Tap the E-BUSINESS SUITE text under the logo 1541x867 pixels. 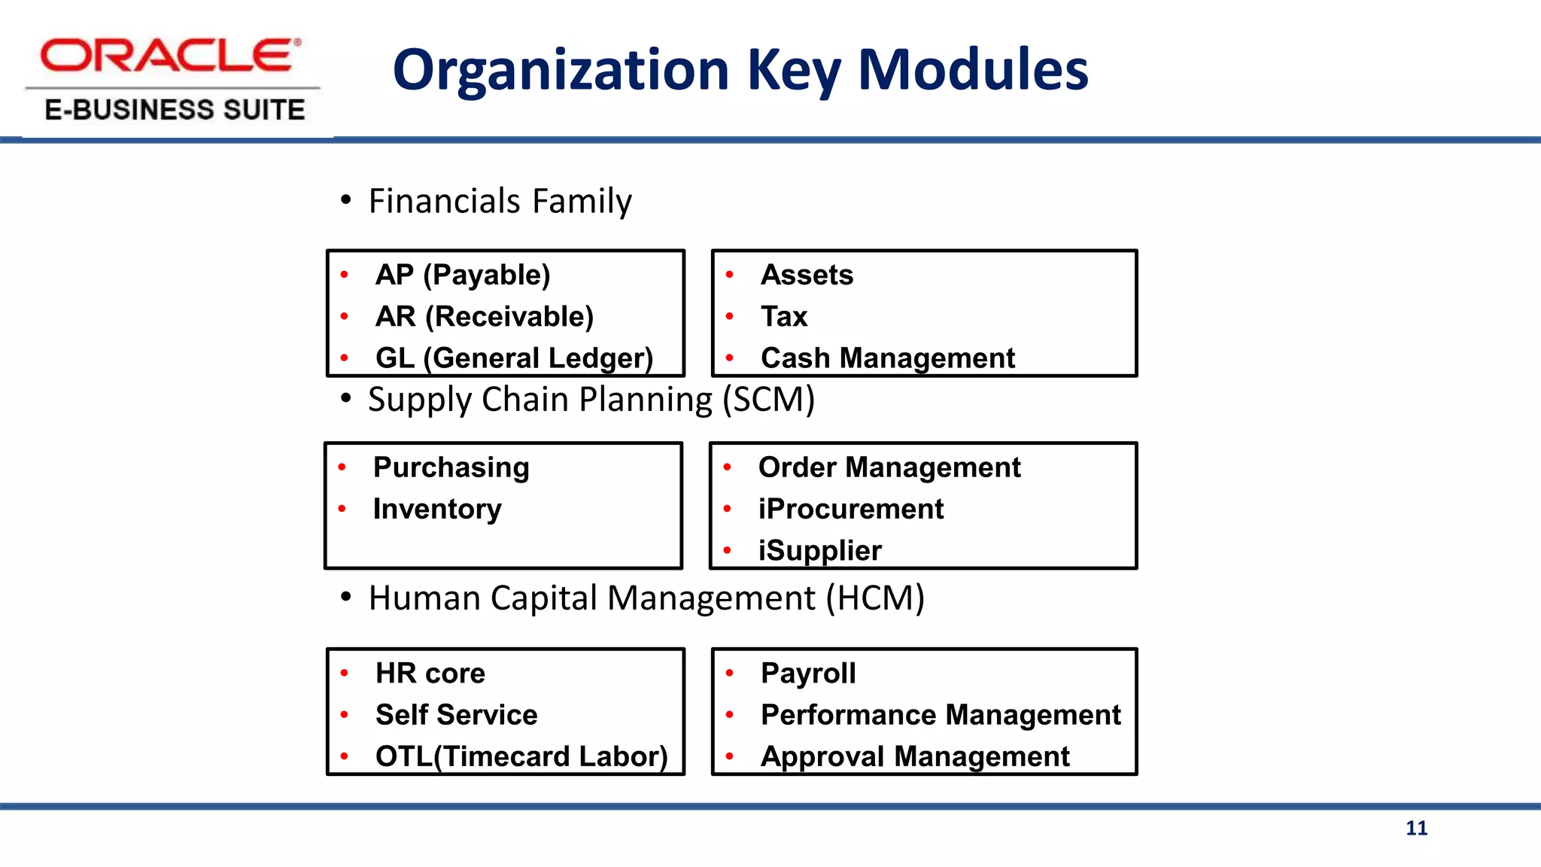coord(175,110)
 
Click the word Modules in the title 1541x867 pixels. coord(972,69)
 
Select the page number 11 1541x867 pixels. coord(1416,828)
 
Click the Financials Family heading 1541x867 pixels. coord(500,201)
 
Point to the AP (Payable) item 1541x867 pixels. coord(463,275)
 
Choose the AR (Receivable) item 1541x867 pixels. coord(485,316)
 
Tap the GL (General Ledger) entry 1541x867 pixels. coord(514,357)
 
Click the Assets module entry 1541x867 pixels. coord(807,275)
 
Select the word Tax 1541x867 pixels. coord(783,316)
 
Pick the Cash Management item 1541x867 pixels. coord(888,357)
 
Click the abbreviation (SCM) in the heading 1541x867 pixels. coord(768,400)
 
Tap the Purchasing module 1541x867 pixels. coord(451,467)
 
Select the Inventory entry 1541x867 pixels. coord(437,509)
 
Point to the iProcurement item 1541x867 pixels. coord(850,509)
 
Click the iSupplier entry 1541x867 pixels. coord(819,550)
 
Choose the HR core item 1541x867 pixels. coord(430,673)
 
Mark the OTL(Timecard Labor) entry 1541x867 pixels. coord(521,756)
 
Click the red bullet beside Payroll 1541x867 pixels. coord(729,673)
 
